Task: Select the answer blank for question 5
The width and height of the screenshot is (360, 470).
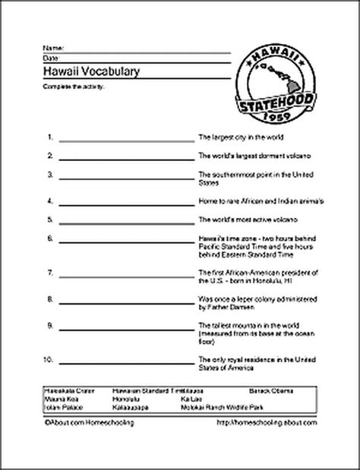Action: [x=126, y=219]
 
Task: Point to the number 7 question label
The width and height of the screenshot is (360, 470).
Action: [x=49, y=271]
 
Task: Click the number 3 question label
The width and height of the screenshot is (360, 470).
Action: [x=49, y=174]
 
